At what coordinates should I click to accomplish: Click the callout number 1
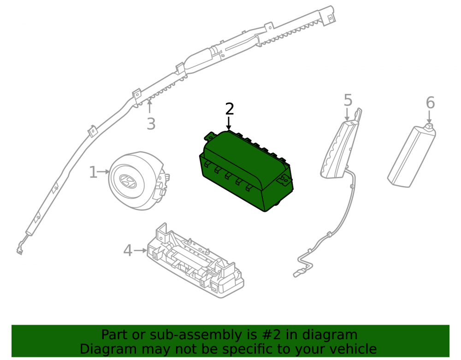coord(93,172)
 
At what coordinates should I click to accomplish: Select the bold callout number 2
coord(229,109)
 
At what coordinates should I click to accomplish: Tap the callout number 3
coord(151,124)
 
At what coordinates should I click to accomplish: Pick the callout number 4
coord(128,251)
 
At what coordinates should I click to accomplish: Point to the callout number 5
coord(348,100)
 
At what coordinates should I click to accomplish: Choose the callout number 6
coord(430,103)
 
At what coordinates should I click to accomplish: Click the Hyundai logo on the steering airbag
coord(128,181)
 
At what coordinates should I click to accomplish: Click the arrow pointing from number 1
coord(103,171)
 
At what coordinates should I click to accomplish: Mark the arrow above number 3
coord(150,106)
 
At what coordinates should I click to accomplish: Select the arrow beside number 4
coord(140,250)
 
